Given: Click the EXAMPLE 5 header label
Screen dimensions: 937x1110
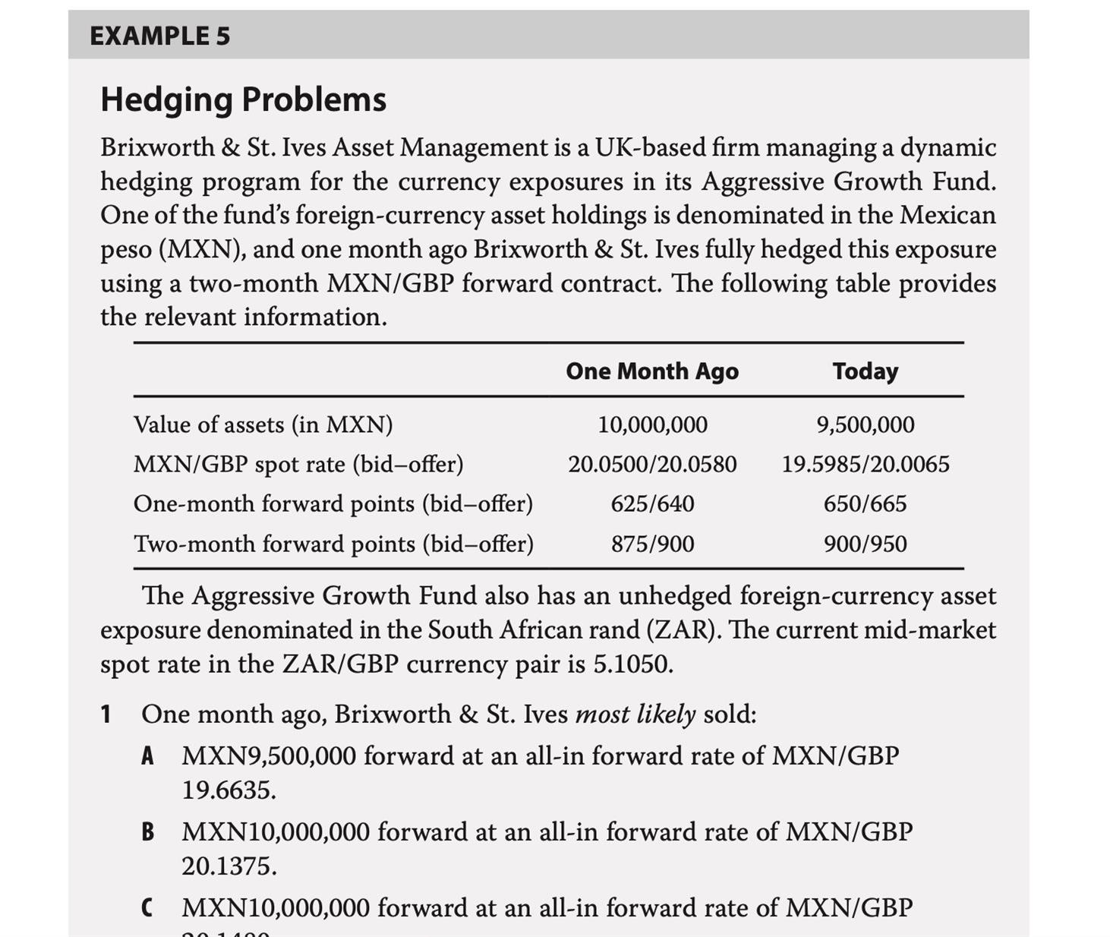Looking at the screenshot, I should [x=159, y=36].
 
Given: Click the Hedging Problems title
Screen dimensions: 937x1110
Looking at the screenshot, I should [x=243, y=99].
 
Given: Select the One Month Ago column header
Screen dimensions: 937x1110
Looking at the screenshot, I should [x=651, y=371].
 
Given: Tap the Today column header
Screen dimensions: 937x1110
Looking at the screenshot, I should [x=865, y=371].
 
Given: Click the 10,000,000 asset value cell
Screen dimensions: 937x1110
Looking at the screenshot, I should [x=652, y=424].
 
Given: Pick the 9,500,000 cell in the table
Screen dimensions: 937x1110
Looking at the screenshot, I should [x=865, y=424].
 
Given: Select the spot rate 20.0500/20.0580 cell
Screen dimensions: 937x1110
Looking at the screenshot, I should [x=652, y=464].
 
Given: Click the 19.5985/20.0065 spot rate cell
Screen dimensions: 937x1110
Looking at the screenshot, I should [x=865, y=464].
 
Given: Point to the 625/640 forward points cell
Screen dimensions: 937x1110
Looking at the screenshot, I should [x=652, y=504].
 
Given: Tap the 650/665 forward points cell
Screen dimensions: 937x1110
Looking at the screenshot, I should [x=865, y=504].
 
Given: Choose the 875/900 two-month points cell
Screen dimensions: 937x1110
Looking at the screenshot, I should [x=652, y=544].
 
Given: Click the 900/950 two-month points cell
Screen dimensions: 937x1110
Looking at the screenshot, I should [x=865, y=544].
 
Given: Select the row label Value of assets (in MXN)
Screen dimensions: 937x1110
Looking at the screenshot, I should [x=263, y=424].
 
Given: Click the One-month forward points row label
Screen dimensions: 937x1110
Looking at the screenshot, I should [x=333, y=504].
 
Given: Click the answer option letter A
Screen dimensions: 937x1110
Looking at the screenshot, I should [x=148, y=756].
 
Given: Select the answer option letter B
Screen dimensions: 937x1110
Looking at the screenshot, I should [x=148, y=832].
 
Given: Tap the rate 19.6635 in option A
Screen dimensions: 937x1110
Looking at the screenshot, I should [x=227, y=790].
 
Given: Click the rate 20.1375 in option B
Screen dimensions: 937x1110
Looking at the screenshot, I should [x=228, y=866].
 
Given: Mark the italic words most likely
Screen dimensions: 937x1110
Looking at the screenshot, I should [x=635, y=715].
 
